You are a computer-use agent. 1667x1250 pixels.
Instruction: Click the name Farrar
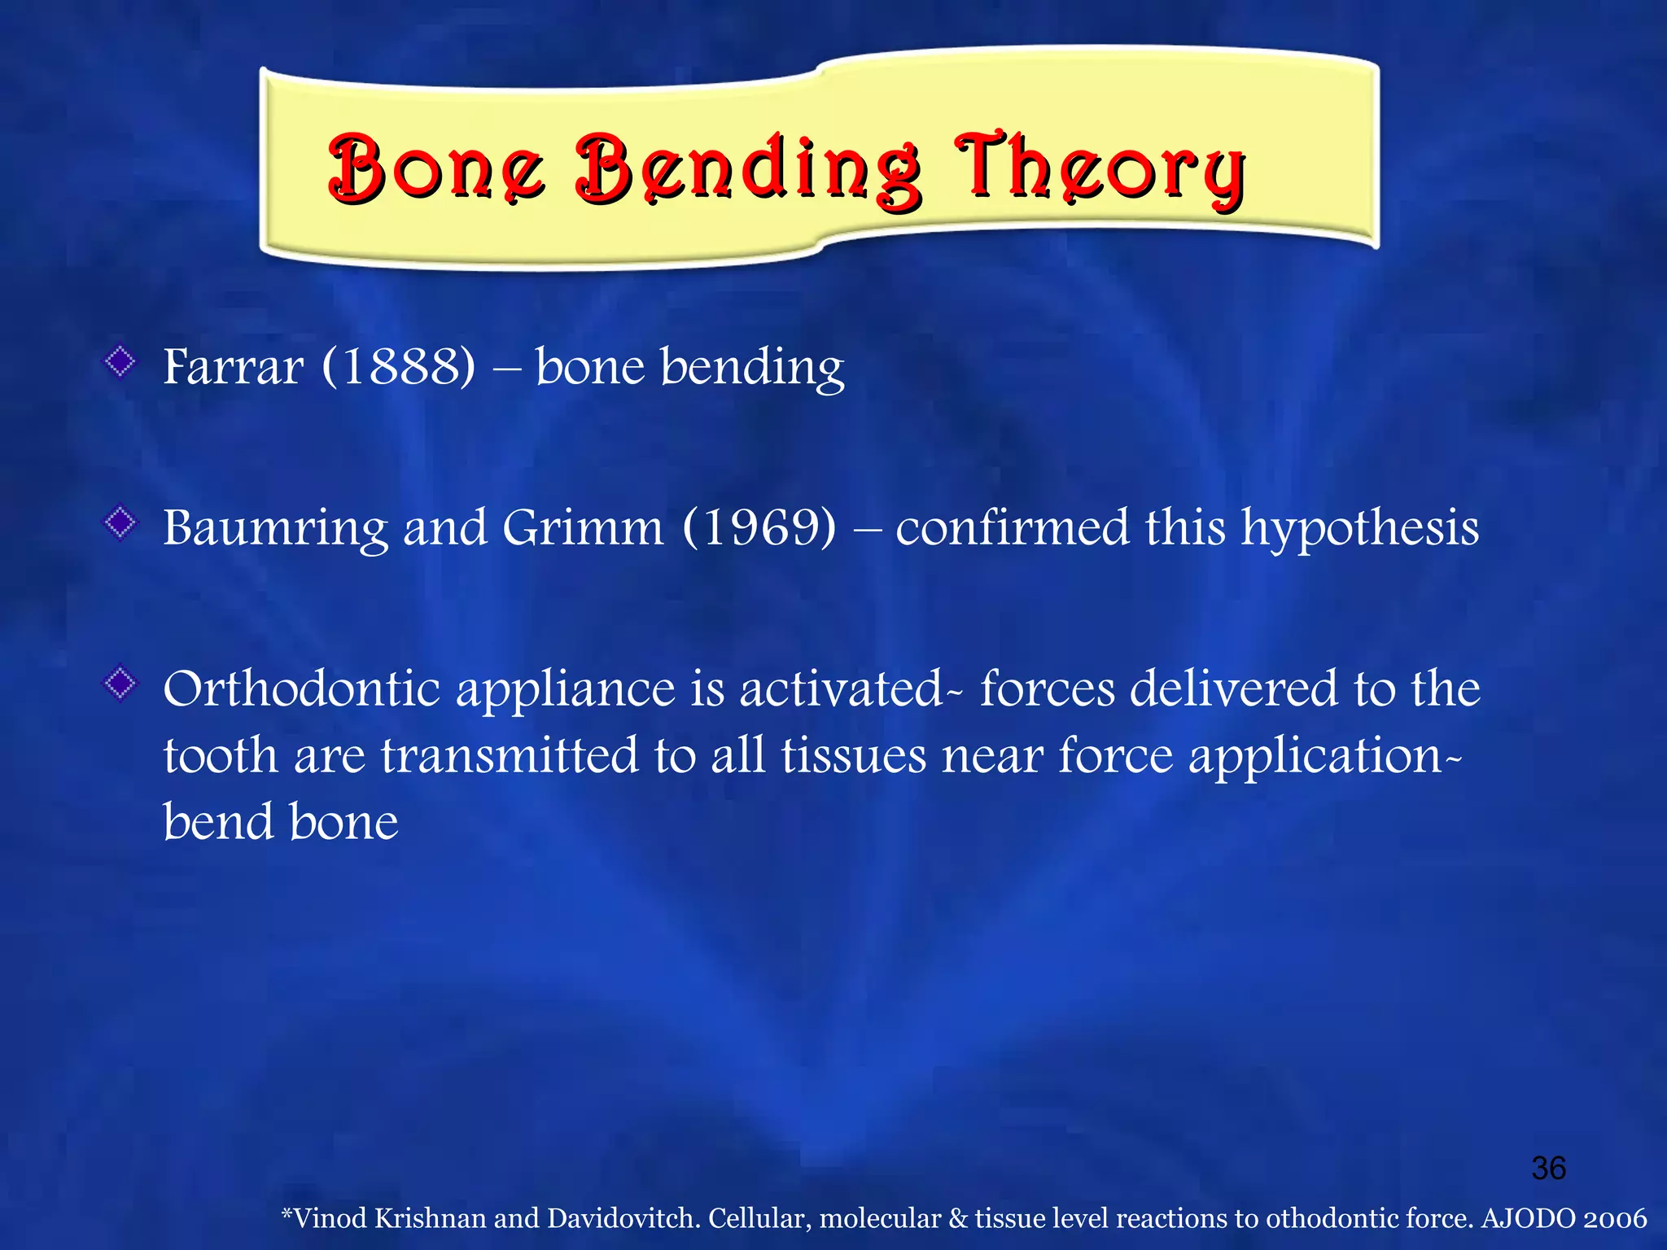[234, 367]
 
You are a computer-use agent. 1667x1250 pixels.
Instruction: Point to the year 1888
[399, 367]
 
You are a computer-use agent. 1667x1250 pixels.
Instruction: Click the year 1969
[759, 528]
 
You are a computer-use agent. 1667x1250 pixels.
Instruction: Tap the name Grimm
[583, 528]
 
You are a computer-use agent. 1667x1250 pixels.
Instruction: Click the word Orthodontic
[301, 689]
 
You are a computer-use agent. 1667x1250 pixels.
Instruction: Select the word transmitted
[510, 756]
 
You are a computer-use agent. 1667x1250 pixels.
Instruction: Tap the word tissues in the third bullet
[853, 756]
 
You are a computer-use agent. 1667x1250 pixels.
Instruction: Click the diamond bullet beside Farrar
[120, 361]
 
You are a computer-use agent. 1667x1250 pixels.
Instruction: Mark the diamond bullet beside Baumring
[120, 522]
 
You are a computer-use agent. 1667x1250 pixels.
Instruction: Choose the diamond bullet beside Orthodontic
[120, 684]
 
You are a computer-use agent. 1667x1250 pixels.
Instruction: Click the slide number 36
[1548, 1169]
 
